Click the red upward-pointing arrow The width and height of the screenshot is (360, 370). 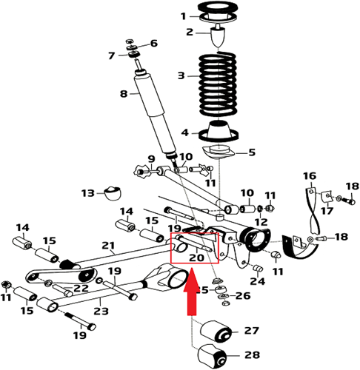coord(191,296)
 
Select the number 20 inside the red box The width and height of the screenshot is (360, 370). coord(196,258)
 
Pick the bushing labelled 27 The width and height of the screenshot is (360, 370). coord(218,331)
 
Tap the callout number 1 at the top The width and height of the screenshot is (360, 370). coord(184,16)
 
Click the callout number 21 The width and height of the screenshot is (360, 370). coord(108,246)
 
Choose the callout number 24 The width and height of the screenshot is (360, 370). coord(258,281)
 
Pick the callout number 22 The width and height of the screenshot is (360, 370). coord(80,288)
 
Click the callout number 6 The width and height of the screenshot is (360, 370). coord(154,43)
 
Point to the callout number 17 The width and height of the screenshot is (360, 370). coord(325,210)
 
